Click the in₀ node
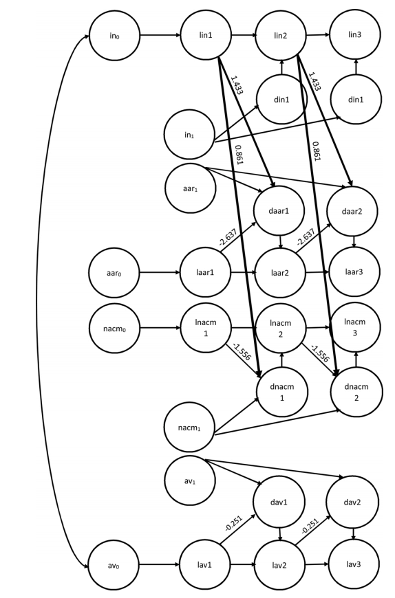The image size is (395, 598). tap(114, 36)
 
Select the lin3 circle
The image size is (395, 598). tap(355, 34)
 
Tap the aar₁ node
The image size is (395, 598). tap(191, 188)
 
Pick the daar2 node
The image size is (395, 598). tap(352, 211)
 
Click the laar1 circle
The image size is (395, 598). tap(205, 273)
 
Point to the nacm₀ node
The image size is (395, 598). tap(114, 328)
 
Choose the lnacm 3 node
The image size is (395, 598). tap(355, 327)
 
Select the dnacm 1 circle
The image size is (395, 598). tap(282, 392)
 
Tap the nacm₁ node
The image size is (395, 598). tap(189, 428)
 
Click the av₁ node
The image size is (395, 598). tap(190, 481)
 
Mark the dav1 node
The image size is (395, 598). tap(279, 502)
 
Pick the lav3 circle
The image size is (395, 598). tap(354, 564)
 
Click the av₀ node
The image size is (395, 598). tap(114, 566)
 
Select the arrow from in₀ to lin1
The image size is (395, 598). tap(160, 36)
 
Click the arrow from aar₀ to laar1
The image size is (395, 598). tap(160, 273)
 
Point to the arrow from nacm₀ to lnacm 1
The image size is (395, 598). tap(160, 328)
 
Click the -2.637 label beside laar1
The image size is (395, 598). tap(228, 238)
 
